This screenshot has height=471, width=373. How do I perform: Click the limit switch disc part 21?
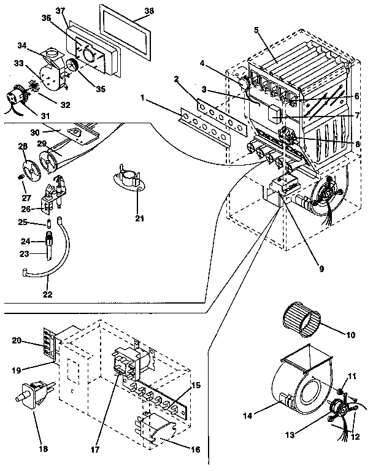click(x=128, y=182)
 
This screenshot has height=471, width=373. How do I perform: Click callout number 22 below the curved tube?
click(x=47, y=294)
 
